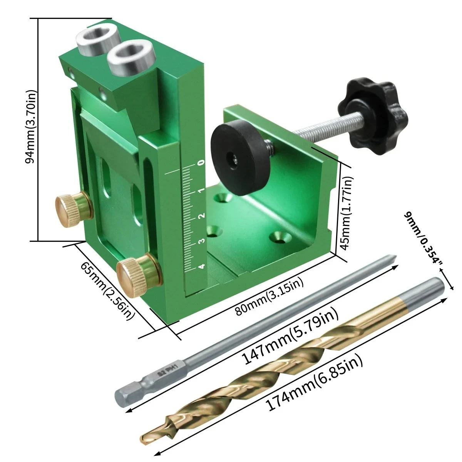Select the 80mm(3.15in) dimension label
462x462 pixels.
click(x=269, y=296)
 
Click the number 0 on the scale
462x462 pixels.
click(x=202, y=163)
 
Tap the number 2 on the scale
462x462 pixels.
click(x=203, y=216)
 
